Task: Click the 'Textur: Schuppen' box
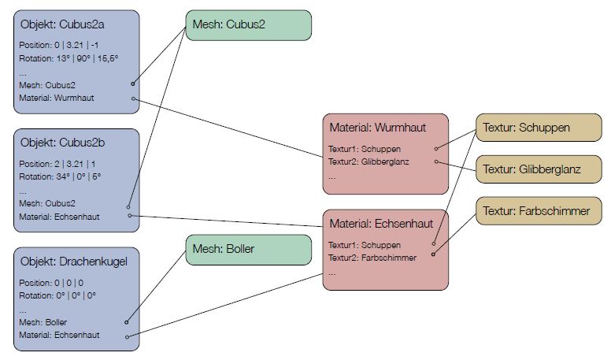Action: pyautogui.click(x=525, y=127)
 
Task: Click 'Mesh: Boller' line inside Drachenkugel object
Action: pyautogui.click(x=43, y=322)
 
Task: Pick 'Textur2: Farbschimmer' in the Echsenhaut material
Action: pyautogui.click(x=372, y=257)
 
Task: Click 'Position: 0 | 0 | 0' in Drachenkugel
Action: pyautogui.click(x=52, y=282)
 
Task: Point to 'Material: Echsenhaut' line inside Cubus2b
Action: pyautogui.click(x=59, y=216)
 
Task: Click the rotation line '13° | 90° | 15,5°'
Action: pyautogui.click(x=69, y=58)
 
